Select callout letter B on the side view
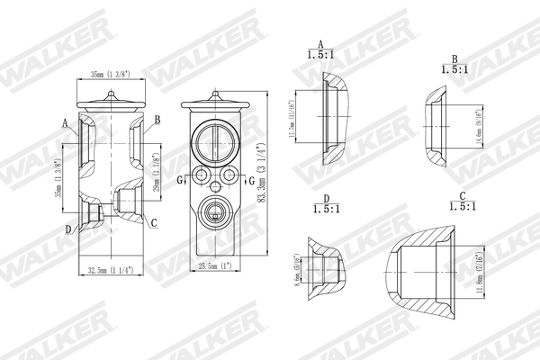coord(157,120)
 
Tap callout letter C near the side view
coord(154,222)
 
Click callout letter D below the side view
coord(67,229)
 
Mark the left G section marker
coord(180,180)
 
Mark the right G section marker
coord(252,180)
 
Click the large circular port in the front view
coord(216,140)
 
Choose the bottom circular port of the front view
coord(216,214)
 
